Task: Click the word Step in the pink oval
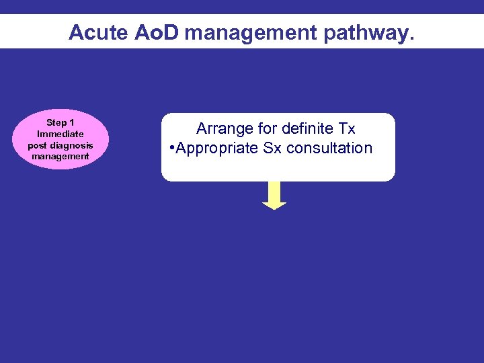coord(54,122)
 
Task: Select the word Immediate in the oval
coord(60,134)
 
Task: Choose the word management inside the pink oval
coord(60,156)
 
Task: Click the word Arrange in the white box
coord(223,128)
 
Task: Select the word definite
coord(305,128)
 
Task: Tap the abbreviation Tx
coord(346,128)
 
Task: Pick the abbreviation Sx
coord(272,149)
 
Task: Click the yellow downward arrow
coord(274,196)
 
